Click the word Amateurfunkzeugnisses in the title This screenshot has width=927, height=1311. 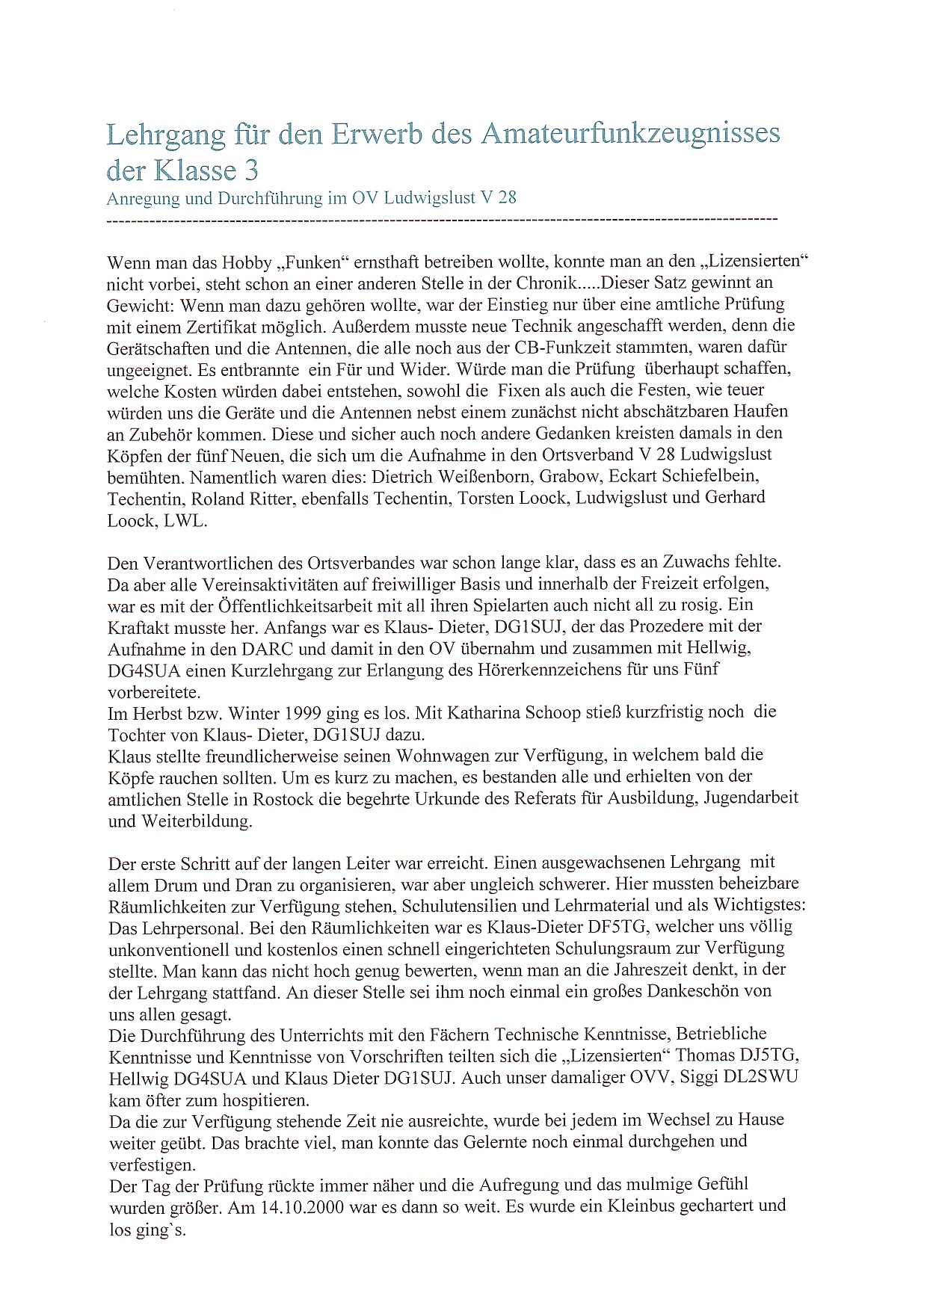[630, 134]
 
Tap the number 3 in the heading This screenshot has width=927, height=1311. [251, 171]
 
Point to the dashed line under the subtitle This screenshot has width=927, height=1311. [442, 220]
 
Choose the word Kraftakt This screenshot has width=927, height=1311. [139, 627]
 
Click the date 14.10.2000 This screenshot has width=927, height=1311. [311, 1206]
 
